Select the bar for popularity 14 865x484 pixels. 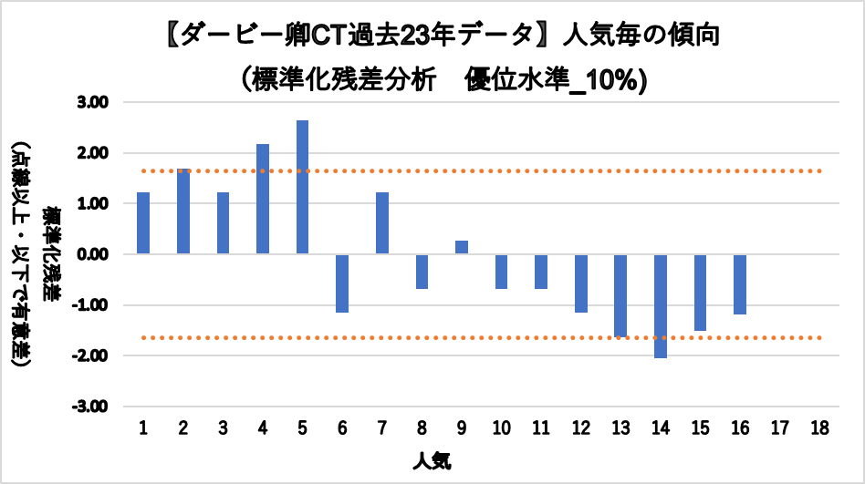(661, 305)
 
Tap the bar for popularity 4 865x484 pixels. (263, 199)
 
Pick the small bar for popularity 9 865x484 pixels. (462, 247)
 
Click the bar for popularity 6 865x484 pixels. (342, 283)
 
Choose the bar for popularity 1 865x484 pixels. (143, 223)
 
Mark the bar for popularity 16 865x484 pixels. (740, 283)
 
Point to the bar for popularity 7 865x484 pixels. (382, 223)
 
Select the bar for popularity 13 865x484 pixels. (620, 295)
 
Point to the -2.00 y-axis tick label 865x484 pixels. (92, 355)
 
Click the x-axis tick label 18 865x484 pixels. (819, 428)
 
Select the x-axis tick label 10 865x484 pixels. (501, 428)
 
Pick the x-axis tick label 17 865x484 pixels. (780, 428)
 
